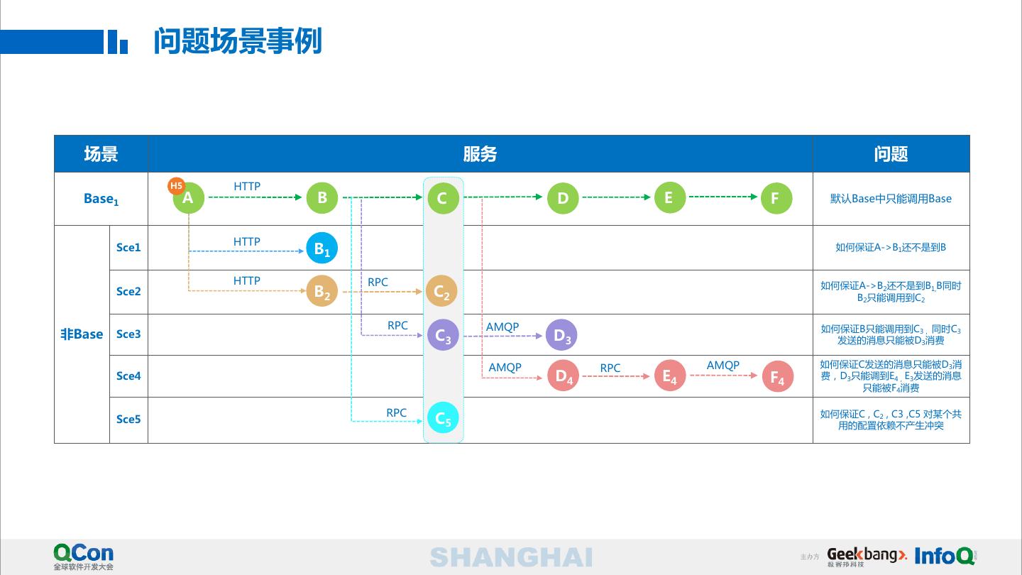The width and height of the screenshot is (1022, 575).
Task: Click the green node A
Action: coord(189,198)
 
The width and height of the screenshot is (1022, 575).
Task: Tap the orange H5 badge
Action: coord(176,186)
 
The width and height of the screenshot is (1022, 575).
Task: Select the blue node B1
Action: coord(322,249)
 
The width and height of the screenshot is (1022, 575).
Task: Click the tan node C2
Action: coord(441,291)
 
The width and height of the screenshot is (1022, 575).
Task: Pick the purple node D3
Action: coord(561,335)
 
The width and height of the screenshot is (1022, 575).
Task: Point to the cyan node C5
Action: coord(443,418)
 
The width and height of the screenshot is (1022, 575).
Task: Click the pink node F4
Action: coord(778,378)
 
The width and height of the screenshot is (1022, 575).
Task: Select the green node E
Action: coord(669,198)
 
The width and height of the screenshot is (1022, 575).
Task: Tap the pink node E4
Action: coord(669,376)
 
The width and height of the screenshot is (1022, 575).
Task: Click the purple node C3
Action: coord(443,335)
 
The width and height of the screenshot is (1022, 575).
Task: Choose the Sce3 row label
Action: coord(128,334)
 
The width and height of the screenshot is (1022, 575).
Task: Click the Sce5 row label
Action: coord(128,420)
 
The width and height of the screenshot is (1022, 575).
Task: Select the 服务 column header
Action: coord(480,154)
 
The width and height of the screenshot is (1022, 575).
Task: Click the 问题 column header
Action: coord(891,154)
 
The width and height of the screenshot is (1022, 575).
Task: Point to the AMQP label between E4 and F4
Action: coord(723,366)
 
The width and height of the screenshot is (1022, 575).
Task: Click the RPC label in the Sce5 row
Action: coord(396,413)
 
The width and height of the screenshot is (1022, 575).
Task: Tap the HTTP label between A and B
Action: coord(247,187)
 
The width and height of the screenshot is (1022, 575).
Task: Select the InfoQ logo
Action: coord(945,556)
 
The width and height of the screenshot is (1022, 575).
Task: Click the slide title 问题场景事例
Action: coord(238,41)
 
